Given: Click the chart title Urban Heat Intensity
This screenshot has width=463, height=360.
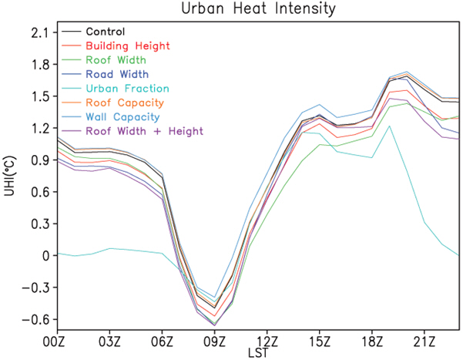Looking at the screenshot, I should [244, 9].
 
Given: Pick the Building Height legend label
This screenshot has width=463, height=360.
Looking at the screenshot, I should [128, 46].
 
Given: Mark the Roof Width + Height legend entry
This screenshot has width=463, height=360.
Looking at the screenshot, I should [140, 131].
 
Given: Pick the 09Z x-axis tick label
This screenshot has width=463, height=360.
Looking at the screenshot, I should [215, 340].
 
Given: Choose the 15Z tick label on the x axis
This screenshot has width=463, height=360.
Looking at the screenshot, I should [319, 340].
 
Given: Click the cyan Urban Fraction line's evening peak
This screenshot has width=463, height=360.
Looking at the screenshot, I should [390, 126].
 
